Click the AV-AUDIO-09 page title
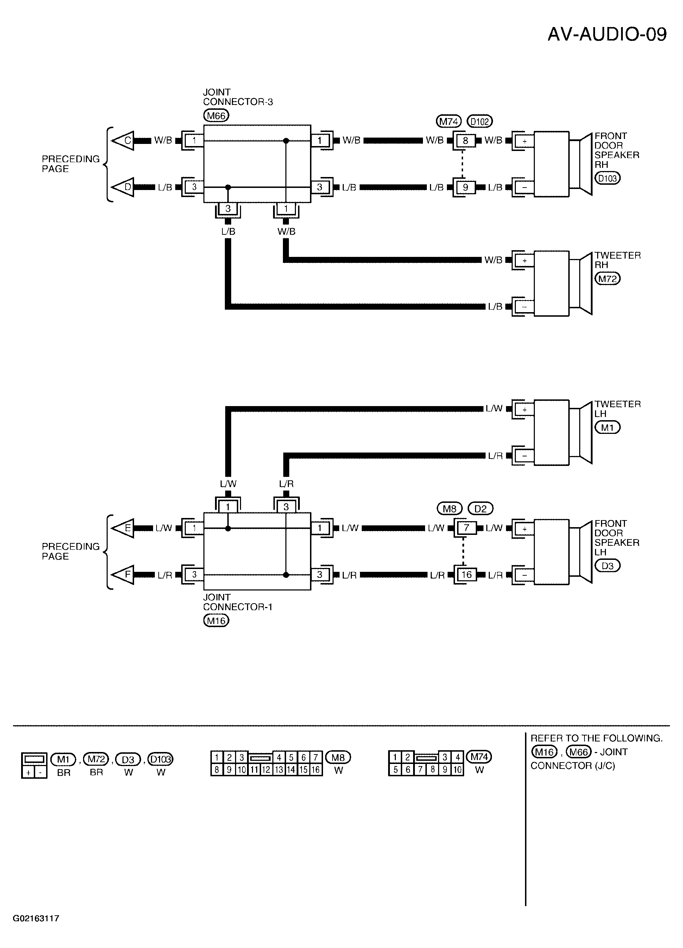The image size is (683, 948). tap(607, 34)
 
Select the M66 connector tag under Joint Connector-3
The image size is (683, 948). tap(216, 115)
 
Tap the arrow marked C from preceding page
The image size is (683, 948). tap(122, 141)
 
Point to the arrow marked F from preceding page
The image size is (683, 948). tap(122, 575)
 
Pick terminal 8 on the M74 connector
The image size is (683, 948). tap(465, 141)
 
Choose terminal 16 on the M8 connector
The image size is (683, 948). tap(466, 575)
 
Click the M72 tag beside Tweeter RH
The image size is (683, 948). tap(607, 278)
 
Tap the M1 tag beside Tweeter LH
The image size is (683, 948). tap(607, 427)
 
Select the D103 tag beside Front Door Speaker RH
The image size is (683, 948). tap(607, 178)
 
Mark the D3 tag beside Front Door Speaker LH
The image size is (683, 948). tap(607, 565)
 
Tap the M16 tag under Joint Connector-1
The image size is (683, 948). tap(216, 621)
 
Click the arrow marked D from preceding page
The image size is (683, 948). tap(122, 187)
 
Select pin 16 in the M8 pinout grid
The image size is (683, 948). tap(316, 770)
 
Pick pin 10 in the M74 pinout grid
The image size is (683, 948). tap(458, 770)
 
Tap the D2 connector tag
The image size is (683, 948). tap(481, 509)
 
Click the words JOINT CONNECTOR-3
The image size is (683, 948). tap(238, 97)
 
